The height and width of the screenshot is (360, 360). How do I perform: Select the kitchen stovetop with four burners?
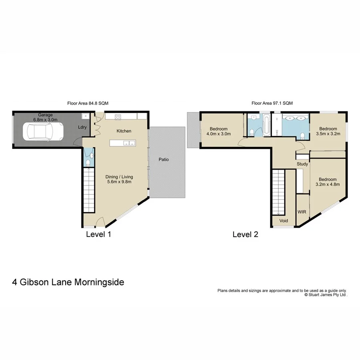118,117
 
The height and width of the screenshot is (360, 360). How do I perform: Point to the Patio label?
163,159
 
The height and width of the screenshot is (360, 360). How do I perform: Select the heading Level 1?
98,234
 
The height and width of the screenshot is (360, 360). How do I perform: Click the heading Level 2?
245,235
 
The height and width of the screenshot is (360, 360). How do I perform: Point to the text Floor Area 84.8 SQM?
88,103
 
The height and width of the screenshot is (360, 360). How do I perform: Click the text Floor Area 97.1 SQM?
272,103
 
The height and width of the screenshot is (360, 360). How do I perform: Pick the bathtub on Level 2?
266,125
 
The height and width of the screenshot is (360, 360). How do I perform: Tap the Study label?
302,164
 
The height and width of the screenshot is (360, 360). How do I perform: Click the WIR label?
302,212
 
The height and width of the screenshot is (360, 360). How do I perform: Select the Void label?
284,221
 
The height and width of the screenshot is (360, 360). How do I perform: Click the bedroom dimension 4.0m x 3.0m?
219,134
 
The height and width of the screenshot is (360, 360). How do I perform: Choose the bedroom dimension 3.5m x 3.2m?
328,134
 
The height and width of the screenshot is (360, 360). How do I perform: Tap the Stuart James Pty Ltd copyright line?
326,294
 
